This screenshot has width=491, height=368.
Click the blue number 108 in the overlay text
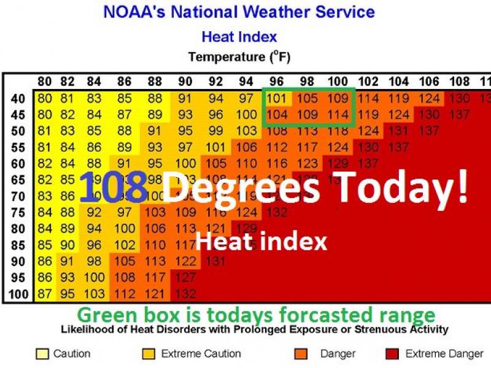[114, 187]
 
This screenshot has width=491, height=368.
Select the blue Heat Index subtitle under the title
[239, 37]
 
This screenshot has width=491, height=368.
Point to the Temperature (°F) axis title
[239, 58]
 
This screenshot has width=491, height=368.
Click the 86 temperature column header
[125, 82]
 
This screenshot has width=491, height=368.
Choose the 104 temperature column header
[398, 82]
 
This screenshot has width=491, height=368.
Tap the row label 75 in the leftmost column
[18, 213]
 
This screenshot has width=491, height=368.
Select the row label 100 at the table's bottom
[18, 294]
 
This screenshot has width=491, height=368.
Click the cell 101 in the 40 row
[277, 99]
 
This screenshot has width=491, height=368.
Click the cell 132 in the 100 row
[185, 294]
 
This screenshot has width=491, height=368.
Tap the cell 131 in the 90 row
[215, 261]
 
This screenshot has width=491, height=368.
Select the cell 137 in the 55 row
[398, 147]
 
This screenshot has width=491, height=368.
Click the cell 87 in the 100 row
[45, 294]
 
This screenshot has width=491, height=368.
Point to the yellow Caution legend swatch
[42, 354]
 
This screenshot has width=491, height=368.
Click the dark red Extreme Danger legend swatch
[392, 354]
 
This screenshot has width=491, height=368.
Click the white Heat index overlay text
[261, 242]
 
